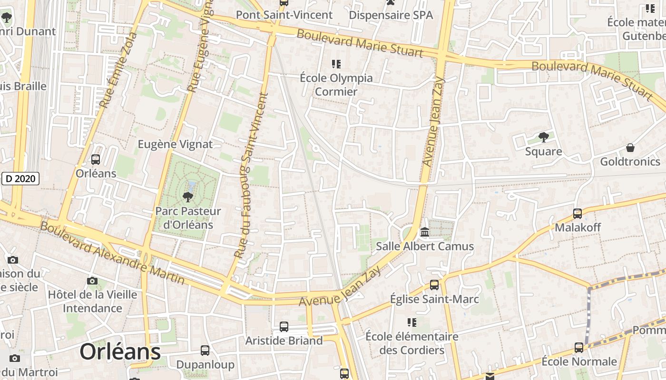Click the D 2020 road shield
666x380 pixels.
20,179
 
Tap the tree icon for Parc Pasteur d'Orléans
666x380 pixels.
188,197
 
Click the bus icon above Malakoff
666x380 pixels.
578,214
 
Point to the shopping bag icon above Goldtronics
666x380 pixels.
630,148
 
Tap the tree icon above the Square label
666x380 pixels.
543,137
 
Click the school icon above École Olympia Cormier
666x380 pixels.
336,64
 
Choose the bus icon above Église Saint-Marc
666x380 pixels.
434,285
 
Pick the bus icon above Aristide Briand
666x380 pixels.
284,327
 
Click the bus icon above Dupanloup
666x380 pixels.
205,351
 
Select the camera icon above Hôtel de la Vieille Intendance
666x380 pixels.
93,281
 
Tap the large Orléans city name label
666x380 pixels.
120,352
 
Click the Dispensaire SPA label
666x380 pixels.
391,15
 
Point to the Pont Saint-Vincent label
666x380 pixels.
284,15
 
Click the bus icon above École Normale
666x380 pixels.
579,348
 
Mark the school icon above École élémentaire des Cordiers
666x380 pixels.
412,323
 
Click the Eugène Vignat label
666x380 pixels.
175,144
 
